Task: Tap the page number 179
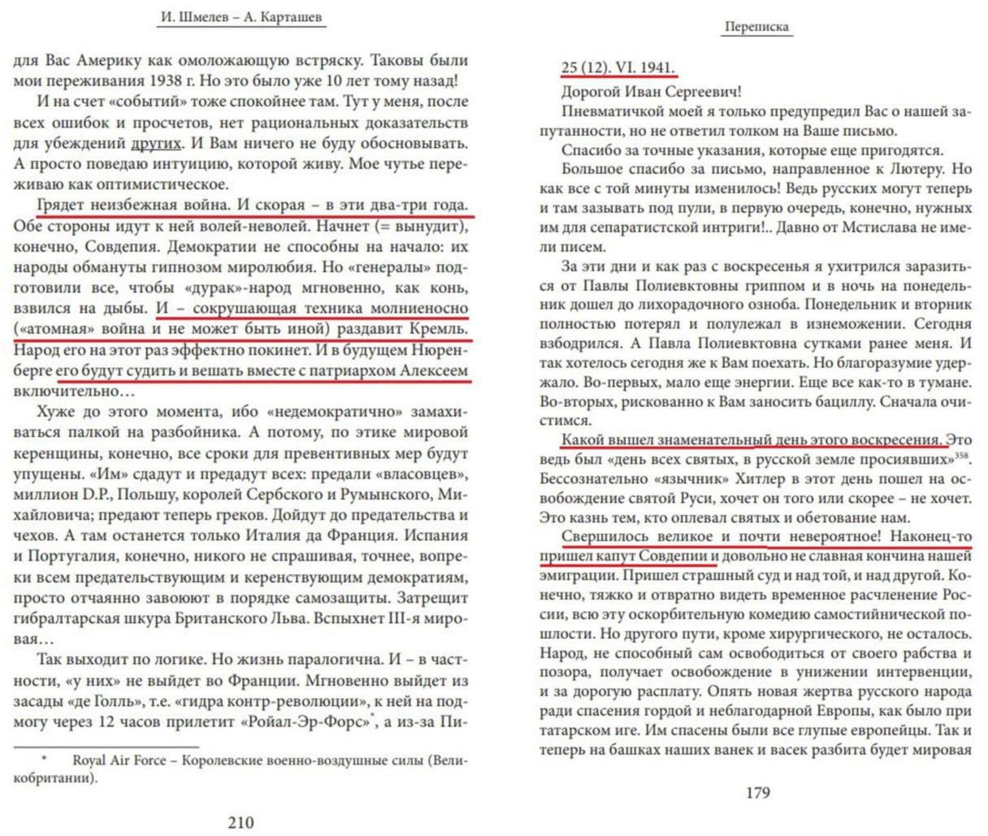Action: coord(757,792)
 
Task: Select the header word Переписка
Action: coord(756,26)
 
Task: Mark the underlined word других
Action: coord(155,144)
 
